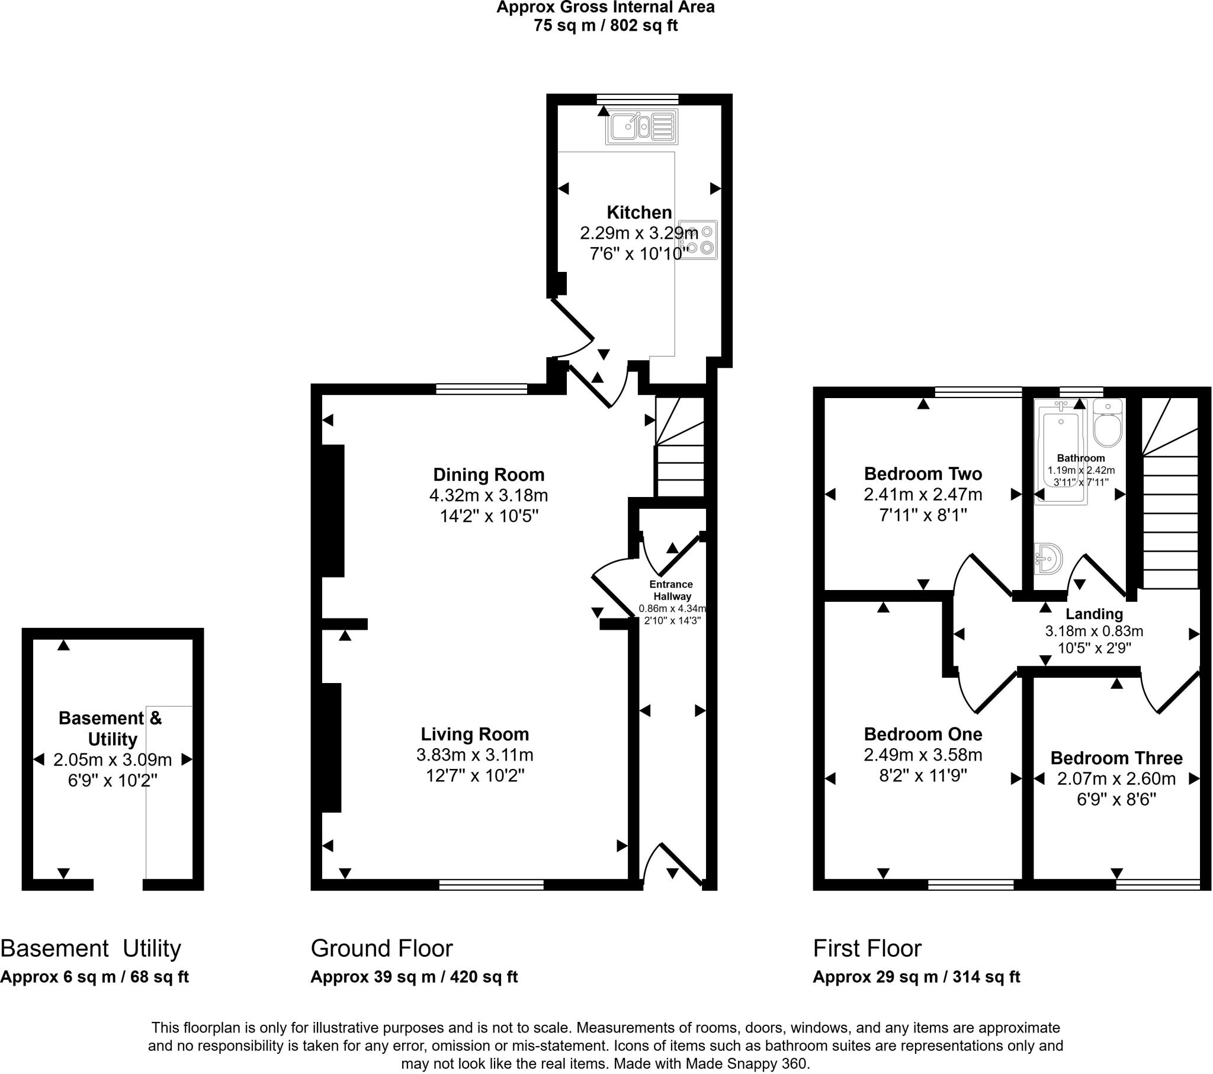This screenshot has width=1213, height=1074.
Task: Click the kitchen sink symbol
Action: [x=641, y=127]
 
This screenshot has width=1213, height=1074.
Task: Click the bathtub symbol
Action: [x=1060, y=451]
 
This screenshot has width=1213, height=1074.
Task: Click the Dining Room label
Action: [x=489, y=475]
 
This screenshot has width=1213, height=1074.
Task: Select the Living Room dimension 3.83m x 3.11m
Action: [x=475, y=755]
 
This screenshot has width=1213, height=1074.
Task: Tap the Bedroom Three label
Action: [x=1116, y=758]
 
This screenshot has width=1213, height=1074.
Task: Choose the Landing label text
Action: [x=1094, y=613]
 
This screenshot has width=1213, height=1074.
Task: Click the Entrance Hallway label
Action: [x=671, y=590]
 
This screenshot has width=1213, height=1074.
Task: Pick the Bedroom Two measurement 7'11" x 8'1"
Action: [x=923, y=515]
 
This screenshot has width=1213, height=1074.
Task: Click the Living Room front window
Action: [x=492, y=884]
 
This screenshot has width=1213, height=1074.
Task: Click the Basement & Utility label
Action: [x=111, y=729]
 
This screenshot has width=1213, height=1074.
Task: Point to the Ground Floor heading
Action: [x=381, y=948]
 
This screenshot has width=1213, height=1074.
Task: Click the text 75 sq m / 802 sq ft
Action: [x=605, y=25]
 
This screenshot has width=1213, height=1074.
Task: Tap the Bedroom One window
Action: [x=971, y=884]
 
